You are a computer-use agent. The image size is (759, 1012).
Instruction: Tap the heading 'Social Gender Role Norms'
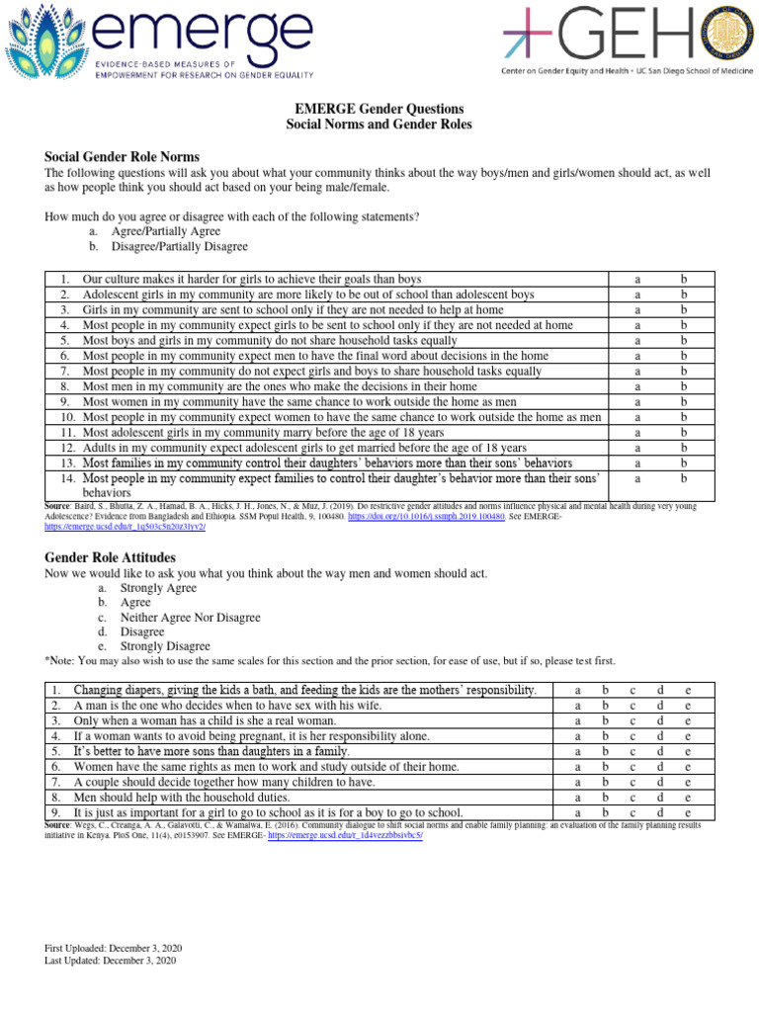pyautogui.click(x=123, y=157)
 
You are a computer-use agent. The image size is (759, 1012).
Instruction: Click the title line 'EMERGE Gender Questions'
pyautogui.click(x=379, y=109)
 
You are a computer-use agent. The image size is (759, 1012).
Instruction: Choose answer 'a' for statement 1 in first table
pyautogui.click(x=638, y=280)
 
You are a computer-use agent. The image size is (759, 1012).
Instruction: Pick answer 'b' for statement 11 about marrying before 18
pyautogui.click(x=682, y=432)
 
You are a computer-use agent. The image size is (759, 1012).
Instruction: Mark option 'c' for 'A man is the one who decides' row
pyautogui.click(x=632, y=706)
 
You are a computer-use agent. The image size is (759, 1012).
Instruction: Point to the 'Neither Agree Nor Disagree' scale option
pyautogui.click(x=190, y=618)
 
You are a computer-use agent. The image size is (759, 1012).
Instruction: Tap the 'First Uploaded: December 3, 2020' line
pyautogui.click(x=111, y=948)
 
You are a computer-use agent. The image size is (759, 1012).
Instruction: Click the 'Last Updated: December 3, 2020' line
pyautogui.click(x=110, y=960)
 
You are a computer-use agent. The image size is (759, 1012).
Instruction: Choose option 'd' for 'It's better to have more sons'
pyautogui.click(x=660, y=751)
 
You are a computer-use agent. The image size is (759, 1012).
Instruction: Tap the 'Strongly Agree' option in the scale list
pyautogui.click(x=158, y=588)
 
